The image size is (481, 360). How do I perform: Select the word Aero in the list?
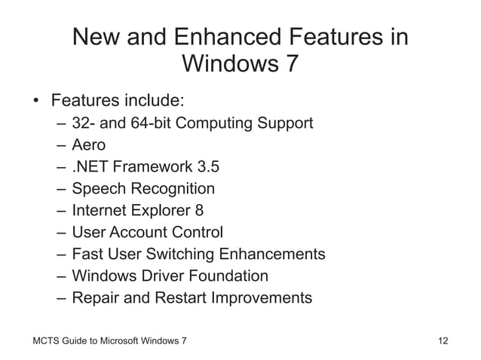(x=88, y=145)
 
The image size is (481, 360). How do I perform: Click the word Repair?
(x=97, y=297)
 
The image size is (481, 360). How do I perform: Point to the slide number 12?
(x=443, y=341)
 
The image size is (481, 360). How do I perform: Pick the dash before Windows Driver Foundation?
(x=61, y=276)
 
